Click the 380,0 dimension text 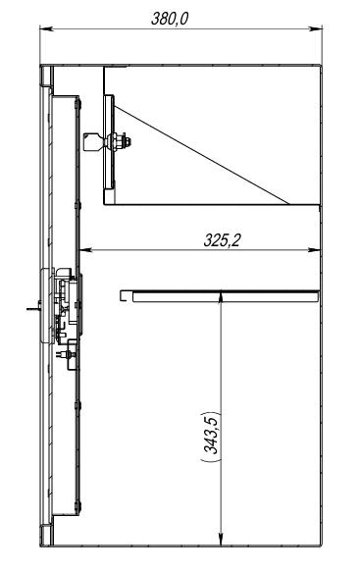tap(170, 19)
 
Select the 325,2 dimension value tap(222, 240)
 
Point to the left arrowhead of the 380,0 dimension tap(46, 28)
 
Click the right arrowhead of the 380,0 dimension tap(315, 28)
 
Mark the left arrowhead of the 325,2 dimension tap(85, 250)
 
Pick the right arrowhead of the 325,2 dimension tap(314, 250)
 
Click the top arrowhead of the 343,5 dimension tap(221, 296)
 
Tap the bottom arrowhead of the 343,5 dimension tap(221, 540)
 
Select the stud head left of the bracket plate tap(94, 142)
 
